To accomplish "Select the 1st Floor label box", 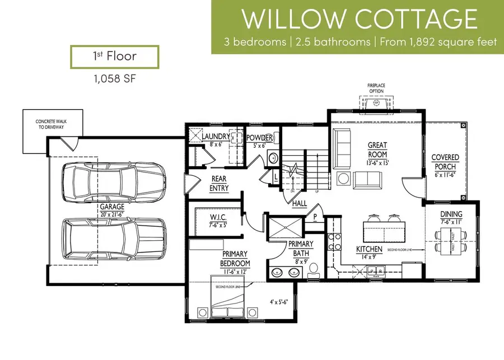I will [x=114, y=57].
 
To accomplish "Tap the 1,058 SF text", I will [x=114, y=80].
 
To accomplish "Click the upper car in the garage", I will [x=115, y=180].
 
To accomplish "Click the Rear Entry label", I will [x=218, y=184].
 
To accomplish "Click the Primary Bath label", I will [x=288, y=247].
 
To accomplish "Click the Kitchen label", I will [x=370, y=252].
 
